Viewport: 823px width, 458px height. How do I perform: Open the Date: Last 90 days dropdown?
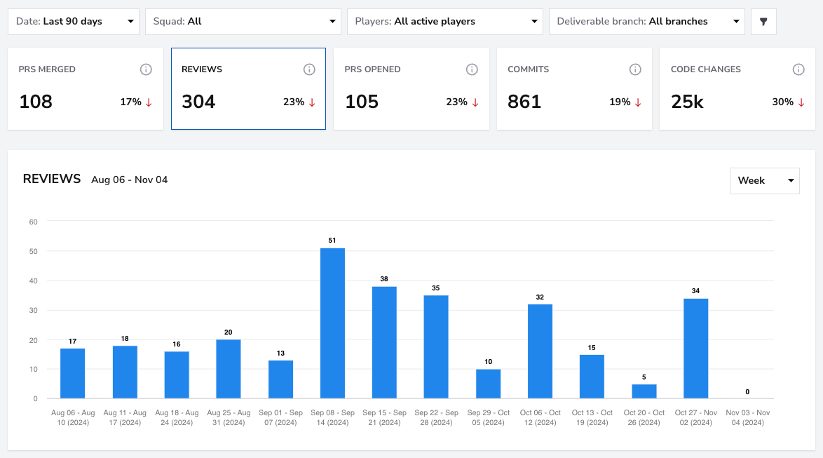click(x=74, y=22)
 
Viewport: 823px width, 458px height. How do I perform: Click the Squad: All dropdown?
click(x=243, y=22)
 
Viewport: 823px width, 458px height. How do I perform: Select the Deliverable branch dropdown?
click(x=646, y=22)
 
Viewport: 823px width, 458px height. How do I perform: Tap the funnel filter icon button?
click(x=763, y=22)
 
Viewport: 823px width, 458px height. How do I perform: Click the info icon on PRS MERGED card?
click(x=146, y=69)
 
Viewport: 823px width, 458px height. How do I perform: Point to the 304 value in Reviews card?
click(x=198, y=102)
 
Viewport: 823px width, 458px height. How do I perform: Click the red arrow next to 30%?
click(x=801, y=102)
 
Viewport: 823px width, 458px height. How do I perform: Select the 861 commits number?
click(x=524, y=102)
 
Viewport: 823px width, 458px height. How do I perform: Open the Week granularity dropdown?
click(x=765, y=181)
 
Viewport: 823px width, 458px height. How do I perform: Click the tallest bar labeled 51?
click(x=332, y=323)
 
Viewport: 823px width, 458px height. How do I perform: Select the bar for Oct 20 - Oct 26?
click(x=644, y=391)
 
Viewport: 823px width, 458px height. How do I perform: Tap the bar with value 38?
click(x=384, y=342)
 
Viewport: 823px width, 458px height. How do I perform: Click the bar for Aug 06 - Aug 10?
click(x=72, y=373)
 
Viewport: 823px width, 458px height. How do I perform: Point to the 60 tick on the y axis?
click(x=34, y=222)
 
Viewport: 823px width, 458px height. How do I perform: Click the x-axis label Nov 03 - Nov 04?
click(x=747, y=417)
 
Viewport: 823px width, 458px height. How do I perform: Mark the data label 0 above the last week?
click(x=747, y=392)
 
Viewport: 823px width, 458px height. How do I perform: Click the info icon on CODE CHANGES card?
click(x=798, y=69)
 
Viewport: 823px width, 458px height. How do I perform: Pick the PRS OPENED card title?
click(x=373, y=69)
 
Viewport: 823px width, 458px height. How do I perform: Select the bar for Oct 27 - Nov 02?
click(x=696, y=348)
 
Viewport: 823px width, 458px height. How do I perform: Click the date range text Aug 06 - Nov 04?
click(x=130, y=180)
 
